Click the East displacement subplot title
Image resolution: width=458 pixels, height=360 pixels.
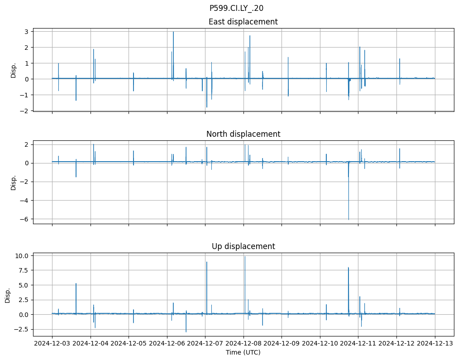pos(243,22)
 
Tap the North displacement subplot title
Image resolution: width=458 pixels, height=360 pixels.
pos(243,134)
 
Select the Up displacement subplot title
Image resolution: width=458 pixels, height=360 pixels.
pos(243,246)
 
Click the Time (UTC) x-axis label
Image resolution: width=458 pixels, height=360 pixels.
pos(243,352)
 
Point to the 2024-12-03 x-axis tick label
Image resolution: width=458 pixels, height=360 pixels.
pos(52,344)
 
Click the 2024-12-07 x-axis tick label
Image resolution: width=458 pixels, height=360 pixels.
pos(205,344)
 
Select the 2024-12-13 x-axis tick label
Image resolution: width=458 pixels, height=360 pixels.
pos(435,344)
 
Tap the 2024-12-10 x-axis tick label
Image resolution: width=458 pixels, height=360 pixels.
pos(320,344)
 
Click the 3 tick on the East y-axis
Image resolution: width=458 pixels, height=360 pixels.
pos(27,32)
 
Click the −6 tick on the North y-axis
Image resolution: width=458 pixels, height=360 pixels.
pos(25,219)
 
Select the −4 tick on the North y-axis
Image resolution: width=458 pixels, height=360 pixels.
pos(25,201)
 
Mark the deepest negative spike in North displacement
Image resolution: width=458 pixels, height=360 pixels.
pos(348,219)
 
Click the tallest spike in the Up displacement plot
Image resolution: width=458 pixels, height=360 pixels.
pos(245,257)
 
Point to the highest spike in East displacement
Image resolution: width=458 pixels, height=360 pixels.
pos(173,32)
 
